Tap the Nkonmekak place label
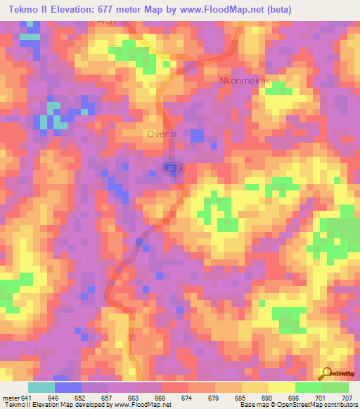pos(245,80)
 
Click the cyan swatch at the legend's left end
pos(41,387)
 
